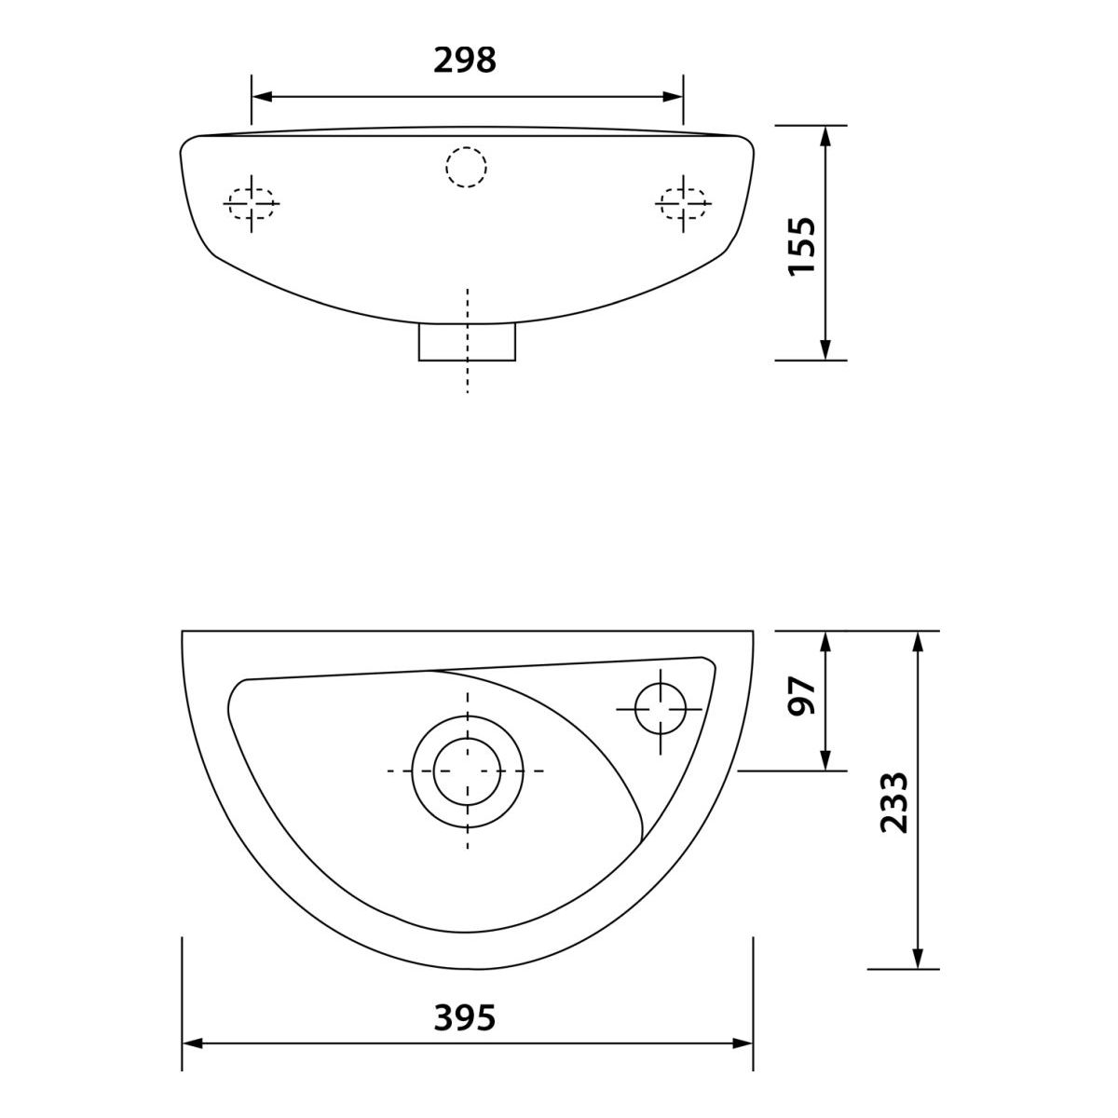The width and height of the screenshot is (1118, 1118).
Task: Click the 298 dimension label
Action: tap(465, 60)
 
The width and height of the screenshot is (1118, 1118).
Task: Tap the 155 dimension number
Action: tap(802, 246)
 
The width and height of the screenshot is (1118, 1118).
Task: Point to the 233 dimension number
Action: tap(893, 802)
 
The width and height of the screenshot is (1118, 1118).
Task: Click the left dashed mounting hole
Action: tap(252, 204)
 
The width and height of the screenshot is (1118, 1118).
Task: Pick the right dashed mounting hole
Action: tap(683, 204)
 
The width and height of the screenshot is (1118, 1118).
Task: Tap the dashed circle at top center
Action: tap(467, 167)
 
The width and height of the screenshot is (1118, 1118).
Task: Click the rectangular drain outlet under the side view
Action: tap(467, 342)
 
